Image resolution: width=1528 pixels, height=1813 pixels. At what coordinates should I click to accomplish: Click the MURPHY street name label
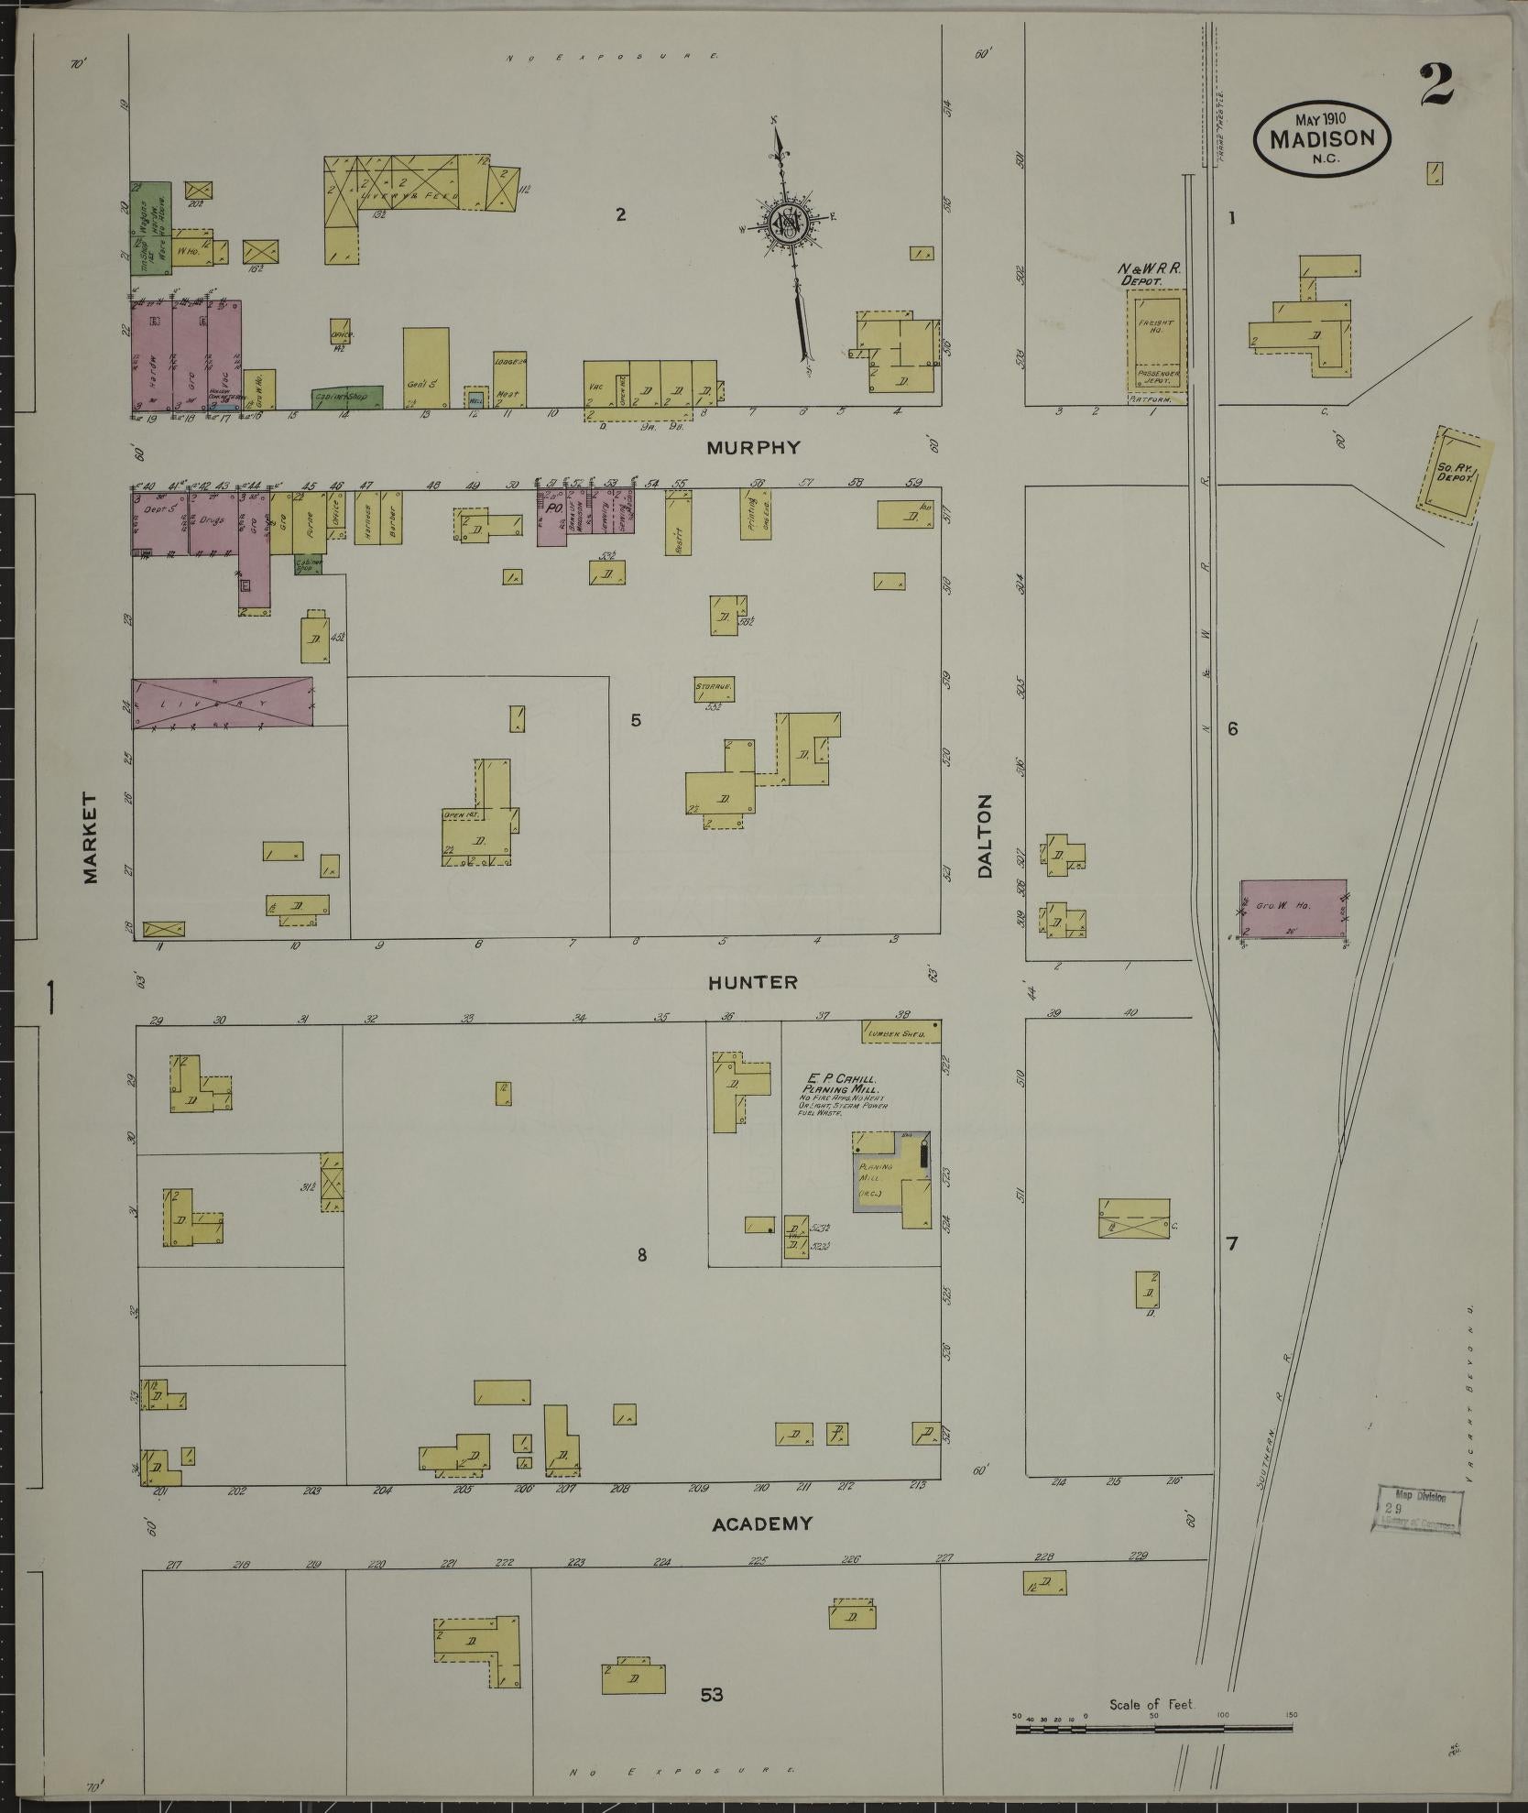(x=754, y=448)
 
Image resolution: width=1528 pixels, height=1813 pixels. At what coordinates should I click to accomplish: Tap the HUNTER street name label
(x=752, y=982)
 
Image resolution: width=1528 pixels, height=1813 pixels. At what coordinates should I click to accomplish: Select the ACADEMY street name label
(x=762, y=1524)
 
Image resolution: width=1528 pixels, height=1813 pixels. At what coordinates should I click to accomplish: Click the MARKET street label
(x=90, y=838)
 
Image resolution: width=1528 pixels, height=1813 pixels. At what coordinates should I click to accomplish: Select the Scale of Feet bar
(x=1152, y=1730)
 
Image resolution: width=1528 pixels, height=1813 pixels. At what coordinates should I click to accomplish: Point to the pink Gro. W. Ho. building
(x=1292, y=909)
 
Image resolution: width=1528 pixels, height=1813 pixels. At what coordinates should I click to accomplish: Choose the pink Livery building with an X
(x=224, y=703)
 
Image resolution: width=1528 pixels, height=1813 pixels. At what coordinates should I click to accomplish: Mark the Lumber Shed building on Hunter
(x=901, y=1032)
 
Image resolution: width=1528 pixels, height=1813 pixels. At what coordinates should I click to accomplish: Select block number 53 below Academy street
(x=712, y=1695)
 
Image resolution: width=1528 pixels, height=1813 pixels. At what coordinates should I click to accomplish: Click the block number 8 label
(x=642, y=1255)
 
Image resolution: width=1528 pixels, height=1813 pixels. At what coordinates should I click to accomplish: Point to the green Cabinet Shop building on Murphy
(x=345, y=398)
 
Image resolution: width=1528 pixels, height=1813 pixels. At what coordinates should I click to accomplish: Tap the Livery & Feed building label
(x=394, y=194)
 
